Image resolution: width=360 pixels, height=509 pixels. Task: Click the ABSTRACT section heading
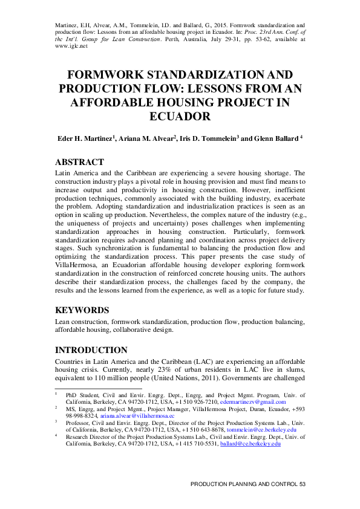(79, 162)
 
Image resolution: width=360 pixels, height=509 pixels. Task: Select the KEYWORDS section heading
(82, 310)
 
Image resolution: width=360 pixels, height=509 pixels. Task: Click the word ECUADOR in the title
(180, 117)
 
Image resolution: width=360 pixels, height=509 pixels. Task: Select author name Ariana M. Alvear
(147, 138)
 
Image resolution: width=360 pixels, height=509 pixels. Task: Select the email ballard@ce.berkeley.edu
(250, 444)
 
